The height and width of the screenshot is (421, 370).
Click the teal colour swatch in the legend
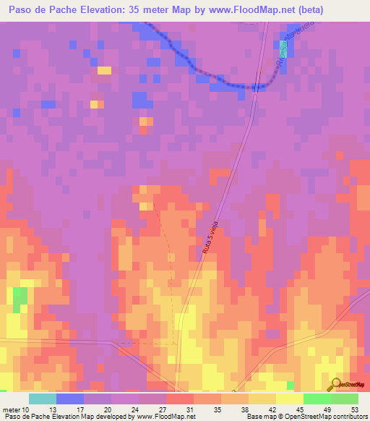tap(42, 399)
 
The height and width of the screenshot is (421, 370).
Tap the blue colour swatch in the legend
tap(69, 399)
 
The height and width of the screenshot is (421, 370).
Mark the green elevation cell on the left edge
tap(20, 296)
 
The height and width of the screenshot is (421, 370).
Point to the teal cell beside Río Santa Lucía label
tap(283, 48)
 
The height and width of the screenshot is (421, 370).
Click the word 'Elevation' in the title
tap(110, 10)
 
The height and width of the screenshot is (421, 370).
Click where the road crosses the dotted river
tap(257, 87)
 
